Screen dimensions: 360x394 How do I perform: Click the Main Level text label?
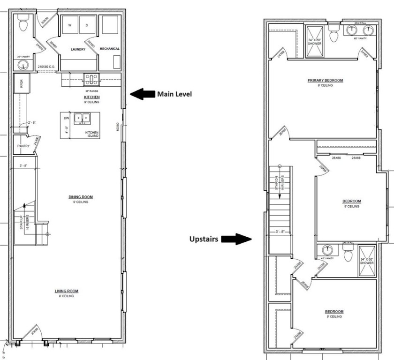tap(174, 94)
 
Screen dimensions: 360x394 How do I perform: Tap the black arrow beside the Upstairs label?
tap(236, 239)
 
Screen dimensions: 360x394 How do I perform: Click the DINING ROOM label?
tap(81, 197)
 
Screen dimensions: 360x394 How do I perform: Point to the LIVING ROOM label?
tap(67, 291)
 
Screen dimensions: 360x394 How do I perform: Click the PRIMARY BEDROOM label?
tap(325, 80)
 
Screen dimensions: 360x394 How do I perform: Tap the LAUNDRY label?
tap(77, 49)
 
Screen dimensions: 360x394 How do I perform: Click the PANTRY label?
tap(23, 146)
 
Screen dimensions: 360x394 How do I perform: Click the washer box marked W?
tap(69, 25)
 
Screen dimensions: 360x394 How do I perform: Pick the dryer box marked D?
tap(87, 25)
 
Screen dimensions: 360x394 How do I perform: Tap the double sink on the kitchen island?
tap(82, 119)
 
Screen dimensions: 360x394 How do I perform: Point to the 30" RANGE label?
tap(91, 91)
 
